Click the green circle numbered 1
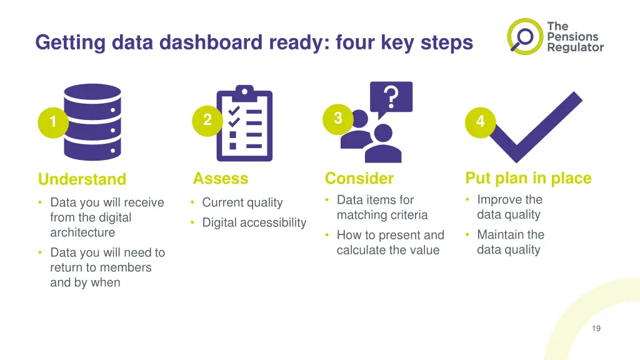[53, 122]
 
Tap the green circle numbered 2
[207, 121]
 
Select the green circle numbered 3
[338, 119]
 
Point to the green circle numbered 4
[481, 122]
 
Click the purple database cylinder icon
[92, 122]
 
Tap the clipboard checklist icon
[244, 123]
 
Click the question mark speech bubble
[391, 98]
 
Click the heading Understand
[82, 179]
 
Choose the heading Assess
[221, 178]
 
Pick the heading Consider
[359, 178]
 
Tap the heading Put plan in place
[528, 178]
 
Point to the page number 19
[596, 329]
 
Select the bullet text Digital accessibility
[254, 222]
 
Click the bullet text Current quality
[242, 202]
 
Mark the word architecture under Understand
[82, 232]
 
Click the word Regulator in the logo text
[576, 47]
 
